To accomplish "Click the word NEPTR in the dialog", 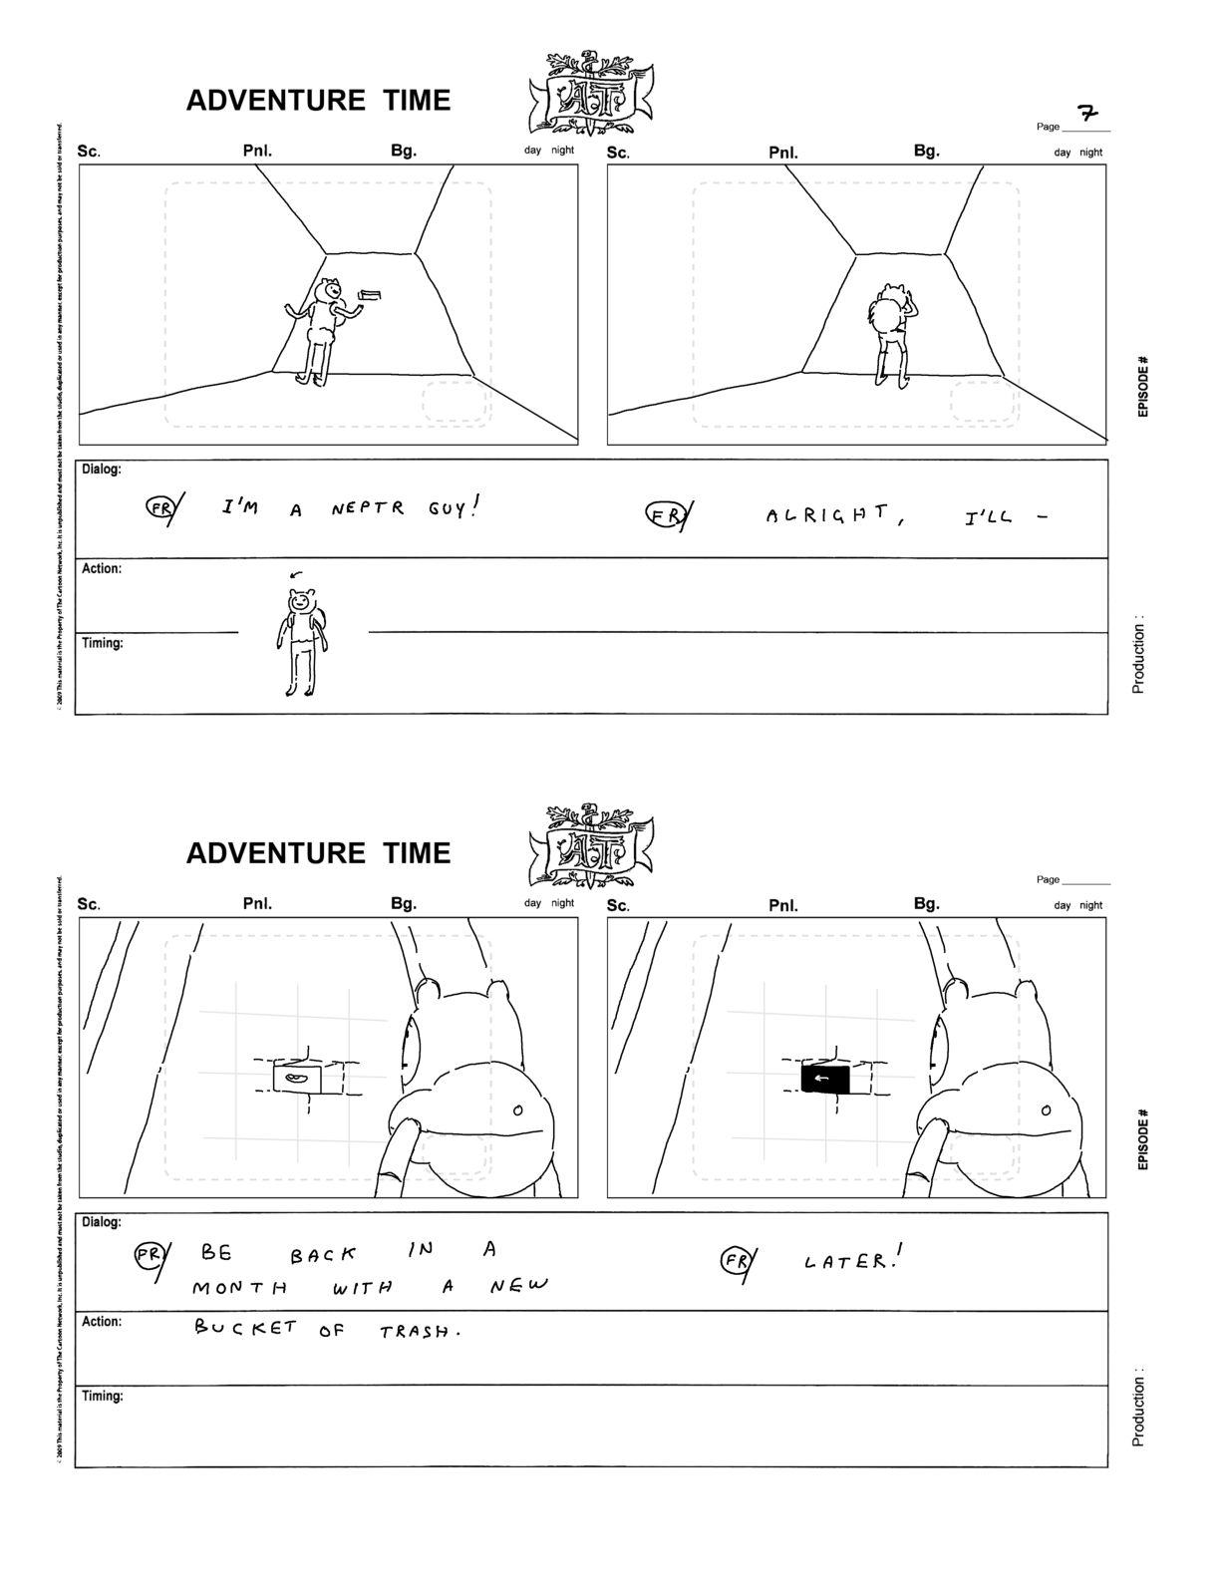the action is coord(368,508).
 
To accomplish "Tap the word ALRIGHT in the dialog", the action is coord(826,514).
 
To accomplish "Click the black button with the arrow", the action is coord(824,1079).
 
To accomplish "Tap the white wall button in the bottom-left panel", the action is coord(297,1079).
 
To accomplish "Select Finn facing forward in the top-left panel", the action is coord(322,328).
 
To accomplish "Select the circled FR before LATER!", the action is coord(737,1262).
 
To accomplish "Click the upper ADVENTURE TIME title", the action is coord(318,100).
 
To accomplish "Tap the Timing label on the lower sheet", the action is coord(103,1396).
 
